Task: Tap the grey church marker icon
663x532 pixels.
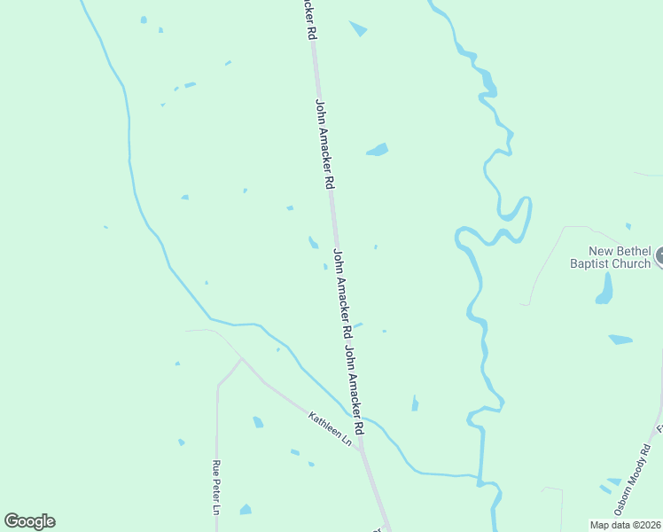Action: tap(659, 258)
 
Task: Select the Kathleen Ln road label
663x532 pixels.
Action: tap(330, 429)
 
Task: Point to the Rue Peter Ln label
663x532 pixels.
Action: tap(215, 487)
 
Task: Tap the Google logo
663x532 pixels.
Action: tap(29, 521)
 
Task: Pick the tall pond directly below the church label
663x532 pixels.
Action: tap(604, 288)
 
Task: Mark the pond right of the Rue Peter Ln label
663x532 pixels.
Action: tap(246, 510)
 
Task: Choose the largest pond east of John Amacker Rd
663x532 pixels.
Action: tap(378, 150)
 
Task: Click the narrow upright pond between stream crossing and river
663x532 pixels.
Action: tap(415, 403)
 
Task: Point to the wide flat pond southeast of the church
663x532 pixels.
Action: tap(620, 339)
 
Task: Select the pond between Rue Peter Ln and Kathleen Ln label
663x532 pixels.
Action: tap(258, 422)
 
